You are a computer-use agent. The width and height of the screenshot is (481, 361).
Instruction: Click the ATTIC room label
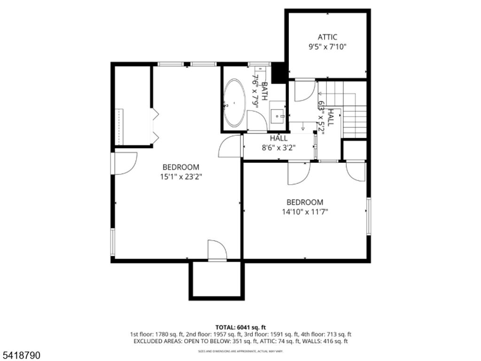[x=327, y=37]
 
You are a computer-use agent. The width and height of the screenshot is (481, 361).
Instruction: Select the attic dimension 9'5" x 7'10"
[x=327, y=47]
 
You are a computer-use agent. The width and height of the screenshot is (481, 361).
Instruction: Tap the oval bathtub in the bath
[x=234, y=103]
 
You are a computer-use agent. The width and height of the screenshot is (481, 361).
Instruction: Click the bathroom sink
[x=278, y=114]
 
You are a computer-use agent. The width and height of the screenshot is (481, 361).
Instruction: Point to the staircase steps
[x=354, y=121]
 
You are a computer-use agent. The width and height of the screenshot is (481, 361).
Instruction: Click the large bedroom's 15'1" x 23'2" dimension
[x=180, y=177]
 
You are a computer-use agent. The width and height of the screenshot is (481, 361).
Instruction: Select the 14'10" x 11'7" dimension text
[x=305, y=212]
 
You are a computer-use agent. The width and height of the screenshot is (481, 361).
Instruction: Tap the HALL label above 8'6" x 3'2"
[x=279, y=138]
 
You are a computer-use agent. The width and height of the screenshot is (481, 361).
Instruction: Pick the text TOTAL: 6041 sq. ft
[x=240, y=327]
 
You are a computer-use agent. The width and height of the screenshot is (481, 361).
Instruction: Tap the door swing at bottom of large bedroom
[x=216, y=250]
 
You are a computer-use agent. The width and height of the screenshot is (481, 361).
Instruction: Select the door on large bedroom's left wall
[x=124, y=164]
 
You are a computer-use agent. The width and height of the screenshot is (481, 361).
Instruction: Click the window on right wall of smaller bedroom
[x=369, y=216]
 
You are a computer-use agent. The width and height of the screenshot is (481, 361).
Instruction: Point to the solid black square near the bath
[x=279, y=72]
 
